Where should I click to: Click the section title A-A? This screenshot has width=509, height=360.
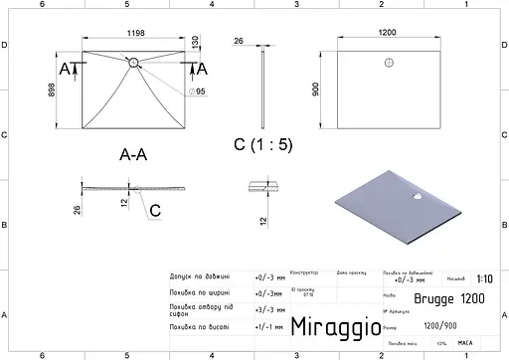(134, 154)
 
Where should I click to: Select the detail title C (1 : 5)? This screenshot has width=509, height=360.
(263, 145)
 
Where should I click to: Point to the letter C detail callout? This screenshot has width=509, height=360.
(155, 211)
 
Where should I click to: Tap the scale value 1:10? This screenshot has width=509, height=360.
(483, 280)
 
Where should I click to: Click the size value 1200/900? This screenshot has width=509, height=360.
(442, 323)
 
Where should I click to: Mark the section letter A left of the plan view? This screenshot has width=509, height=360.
(65, 69)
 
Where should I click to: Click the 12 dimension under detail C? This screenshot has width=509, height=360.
(262, 220)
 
